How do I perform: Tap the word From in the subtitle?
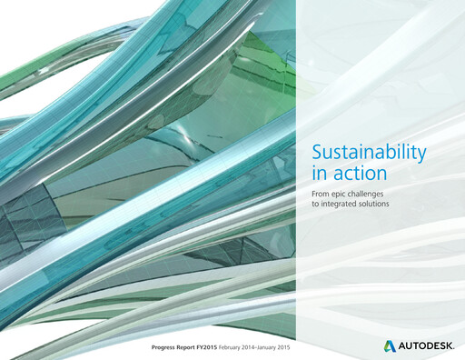[x=322, y=194]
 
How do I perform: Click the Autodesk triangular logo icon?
[x=388, y=345]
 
